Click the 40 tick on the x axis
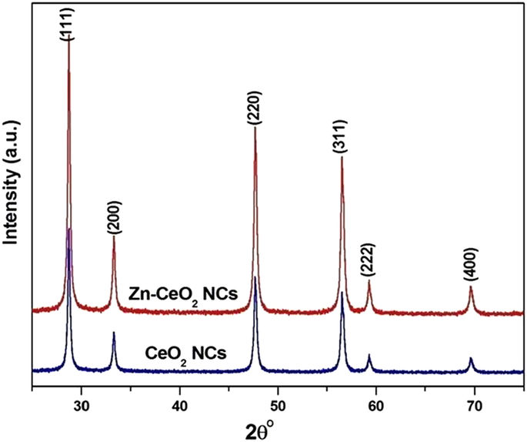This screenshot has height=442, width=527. tap(179, 401)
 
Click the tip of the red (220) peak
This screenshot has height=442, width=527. tap(255, 128)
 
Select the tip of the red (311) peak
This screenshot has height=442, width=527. tap(342, 157)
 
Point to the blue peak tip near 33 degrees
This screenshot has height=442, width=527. tap(114, 333)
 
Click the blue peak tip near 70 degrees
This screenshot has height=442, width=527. tap(471, 358)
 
